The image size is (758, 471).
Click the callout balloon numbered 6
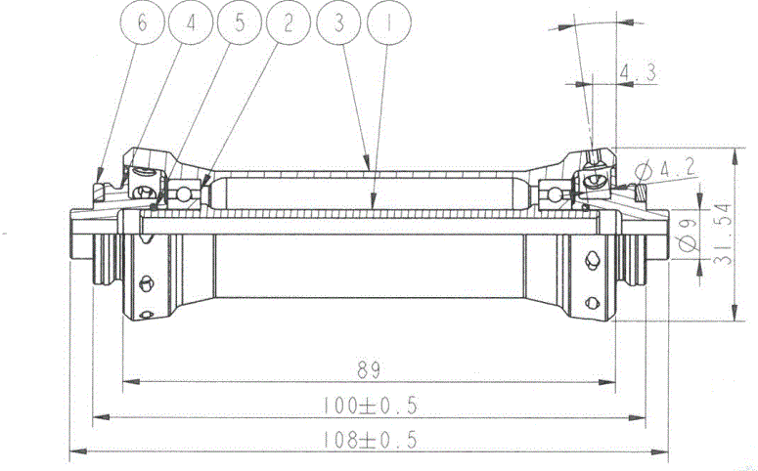coord(143,24)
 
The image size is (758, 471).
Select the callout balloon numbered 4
coord(191,24)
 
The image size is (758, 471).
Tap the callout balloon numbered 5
coord(240,24)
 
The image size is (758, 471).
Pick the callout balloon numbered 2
coord(288,24)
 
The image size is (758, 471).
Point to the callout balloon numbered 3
coord(338,24)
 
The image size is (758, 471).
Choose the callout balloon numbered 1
coord(387,24)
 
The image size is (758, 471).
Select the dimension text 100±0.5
coord(370,405)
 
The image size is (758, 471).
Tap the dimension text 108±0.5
coord(369,440)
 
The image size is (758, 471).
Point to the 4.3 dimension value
coord(637,70)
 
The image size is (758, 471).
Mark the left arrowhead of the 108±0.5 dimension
coord(75,451)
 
